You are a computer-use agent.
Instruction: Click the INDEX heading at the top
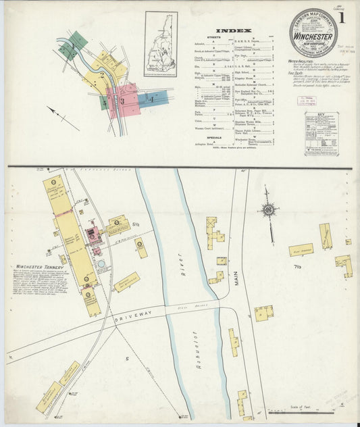click(x=234, y=30)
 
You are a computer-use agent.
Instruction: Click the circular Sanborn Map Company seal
click(x=313, y=33)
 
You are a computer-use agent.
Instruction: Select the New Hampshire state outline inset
click(x=160, y=44)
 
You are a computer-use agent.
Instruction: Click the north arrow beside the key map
click(x=63, y=118)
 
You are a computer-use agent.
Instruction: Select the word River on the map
click(x=181, y=271)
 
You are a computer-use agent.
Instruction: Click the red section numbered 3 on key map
click(x=124, y=99)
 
